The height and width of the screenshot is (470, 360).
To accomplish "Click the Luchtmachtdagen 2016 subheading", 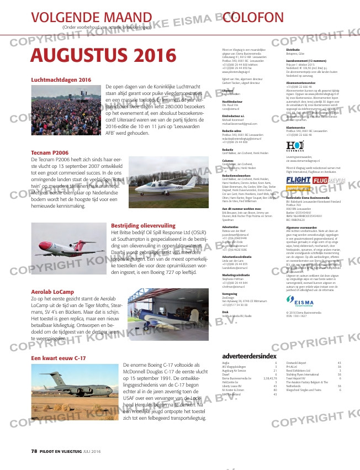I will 61,80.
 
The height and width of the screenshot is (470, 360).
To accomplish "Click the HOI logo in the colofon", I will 294,146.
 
